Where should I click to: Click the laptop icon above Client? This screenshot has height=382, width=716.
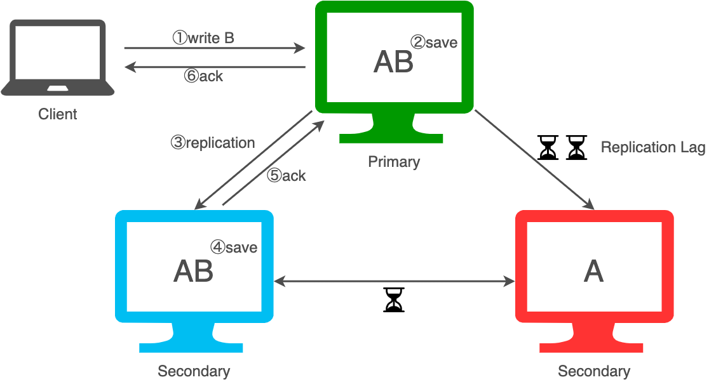click(58, 58)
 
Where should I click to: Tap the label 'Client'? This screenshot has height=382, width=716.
click(58, 114)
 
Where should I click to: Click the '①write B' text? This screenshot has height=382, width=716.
click(203, 38)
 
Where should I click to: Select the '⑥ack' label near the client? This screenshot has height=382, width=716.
click(203, 76)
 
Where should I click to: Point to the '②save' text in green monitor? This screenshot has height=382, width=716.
click(434, 43)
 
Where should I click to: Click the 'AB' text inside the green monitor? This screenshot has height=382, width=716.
click(393, 62)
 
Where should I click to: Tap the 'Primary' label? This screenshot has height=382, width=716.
click(394, 162)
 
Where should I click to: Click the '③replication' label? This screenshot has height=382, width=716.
click(212, 143)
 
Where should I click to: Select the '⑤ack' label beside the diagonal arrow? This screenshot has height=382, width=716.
click(287, 176)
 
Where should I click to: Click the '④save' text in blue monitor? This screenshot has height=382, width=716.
click(234, 247)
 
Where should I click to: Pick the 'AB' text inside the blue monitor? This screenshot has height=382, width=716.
click(193, 272)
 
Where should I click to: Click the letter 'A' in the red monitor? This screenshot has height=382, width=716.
click(593, 272)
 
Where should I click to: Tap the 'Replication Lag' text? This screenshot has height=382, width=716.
click(653, 147)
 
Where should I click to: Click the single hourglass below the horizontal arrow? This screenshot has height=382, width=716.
click(394, 300)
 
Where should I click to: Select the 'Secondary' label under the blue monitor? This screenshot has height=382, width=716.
click(194, 371)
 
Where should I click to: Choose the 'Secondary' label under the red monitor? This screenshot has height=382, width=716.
click(593, 371)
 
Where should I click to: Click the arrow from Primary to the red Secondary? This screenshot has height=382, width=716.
click(534, 160)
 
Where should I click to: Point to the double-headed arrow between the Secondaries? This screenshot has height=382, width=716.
click(395, 281)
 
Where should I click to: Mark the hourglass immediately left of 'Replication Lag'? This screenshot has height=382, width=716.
click(576, 147)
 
